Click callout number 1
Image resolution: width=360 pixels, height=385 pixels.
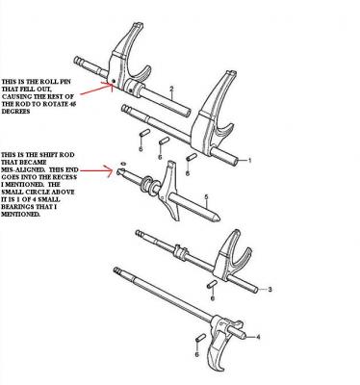250,160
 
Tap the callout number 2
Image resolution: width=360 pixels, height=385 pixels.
171,89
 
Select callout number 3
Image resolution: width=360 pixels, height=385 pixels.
270,290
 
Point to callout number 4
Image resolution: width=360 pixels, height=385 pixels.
258,337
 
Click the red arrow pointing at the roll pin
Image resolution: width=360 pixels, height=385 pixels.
96,89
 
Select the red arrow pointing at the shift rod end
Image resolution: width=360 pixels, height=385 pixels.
96,170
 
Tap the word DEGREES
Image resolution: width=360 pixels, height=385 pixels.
15,112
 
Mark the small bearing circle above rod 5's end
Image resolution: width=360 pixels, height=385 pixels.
123,164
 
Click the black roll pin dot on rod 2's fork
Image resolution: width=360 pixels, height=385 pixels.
114,81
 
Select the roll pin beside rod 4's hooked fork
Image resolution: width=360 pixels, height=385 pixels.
200,338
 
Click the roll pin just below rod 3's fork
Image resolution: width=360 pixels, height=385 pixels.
213,284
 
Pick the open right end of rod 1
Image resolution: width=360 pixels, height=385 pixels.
235,159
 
